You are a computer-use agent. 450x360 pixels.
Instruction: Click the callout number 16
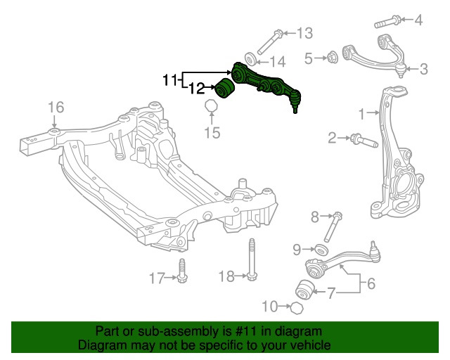56,107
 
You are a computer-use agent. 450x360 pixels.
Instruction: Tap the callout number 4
419,20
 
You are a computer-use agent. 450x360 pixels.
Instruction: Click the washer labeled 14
250,58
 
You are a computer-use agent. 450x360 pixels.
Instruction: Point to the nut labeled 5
333,57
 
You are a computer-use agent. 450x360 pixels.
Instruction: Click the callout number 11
170,81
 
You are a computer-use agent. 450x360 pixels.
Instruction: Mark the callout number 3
423,69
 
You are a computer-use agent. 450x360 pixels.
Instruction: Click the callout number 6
371,284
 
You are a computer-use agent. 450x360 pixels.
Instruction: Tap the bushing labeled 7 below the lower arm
305,288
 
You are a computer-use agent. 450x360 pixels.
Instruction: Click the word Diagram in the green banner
102,345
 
